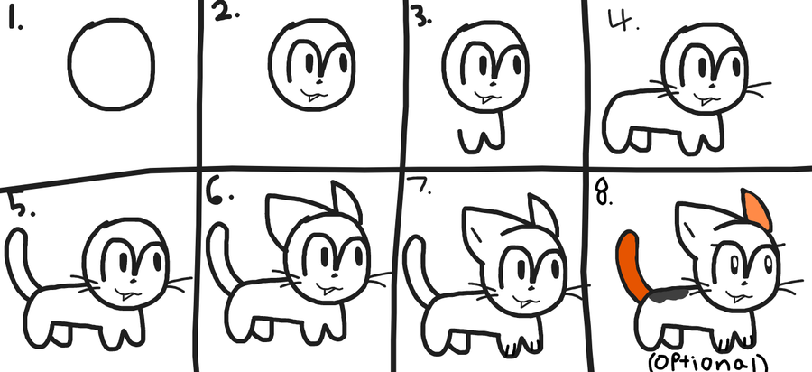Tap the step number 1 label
coord(14,20)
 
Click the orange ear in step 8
coord(756,209)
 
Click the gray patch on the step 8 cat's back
coord(668,294)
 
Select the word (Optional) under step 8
coord(708,362)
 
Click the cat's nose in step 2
coord(318,82)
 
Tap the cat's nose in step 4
coord(713,85)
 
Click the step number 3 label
coord(420,18)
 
